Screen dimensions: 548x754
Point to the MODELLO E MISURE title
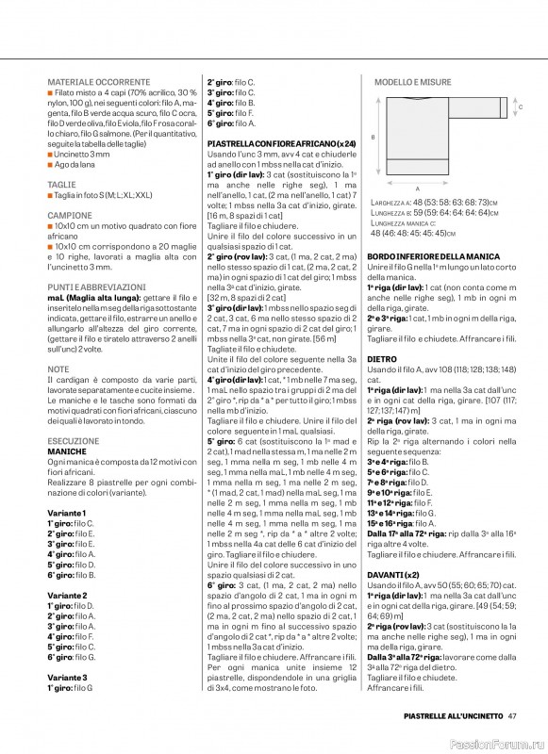(412, 83)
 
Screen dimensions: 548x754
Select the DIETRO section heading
(382, 359)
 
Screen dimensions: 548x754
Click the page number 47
(511, 718)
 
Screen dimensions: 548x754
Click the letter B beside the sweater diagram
(374, 138)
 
